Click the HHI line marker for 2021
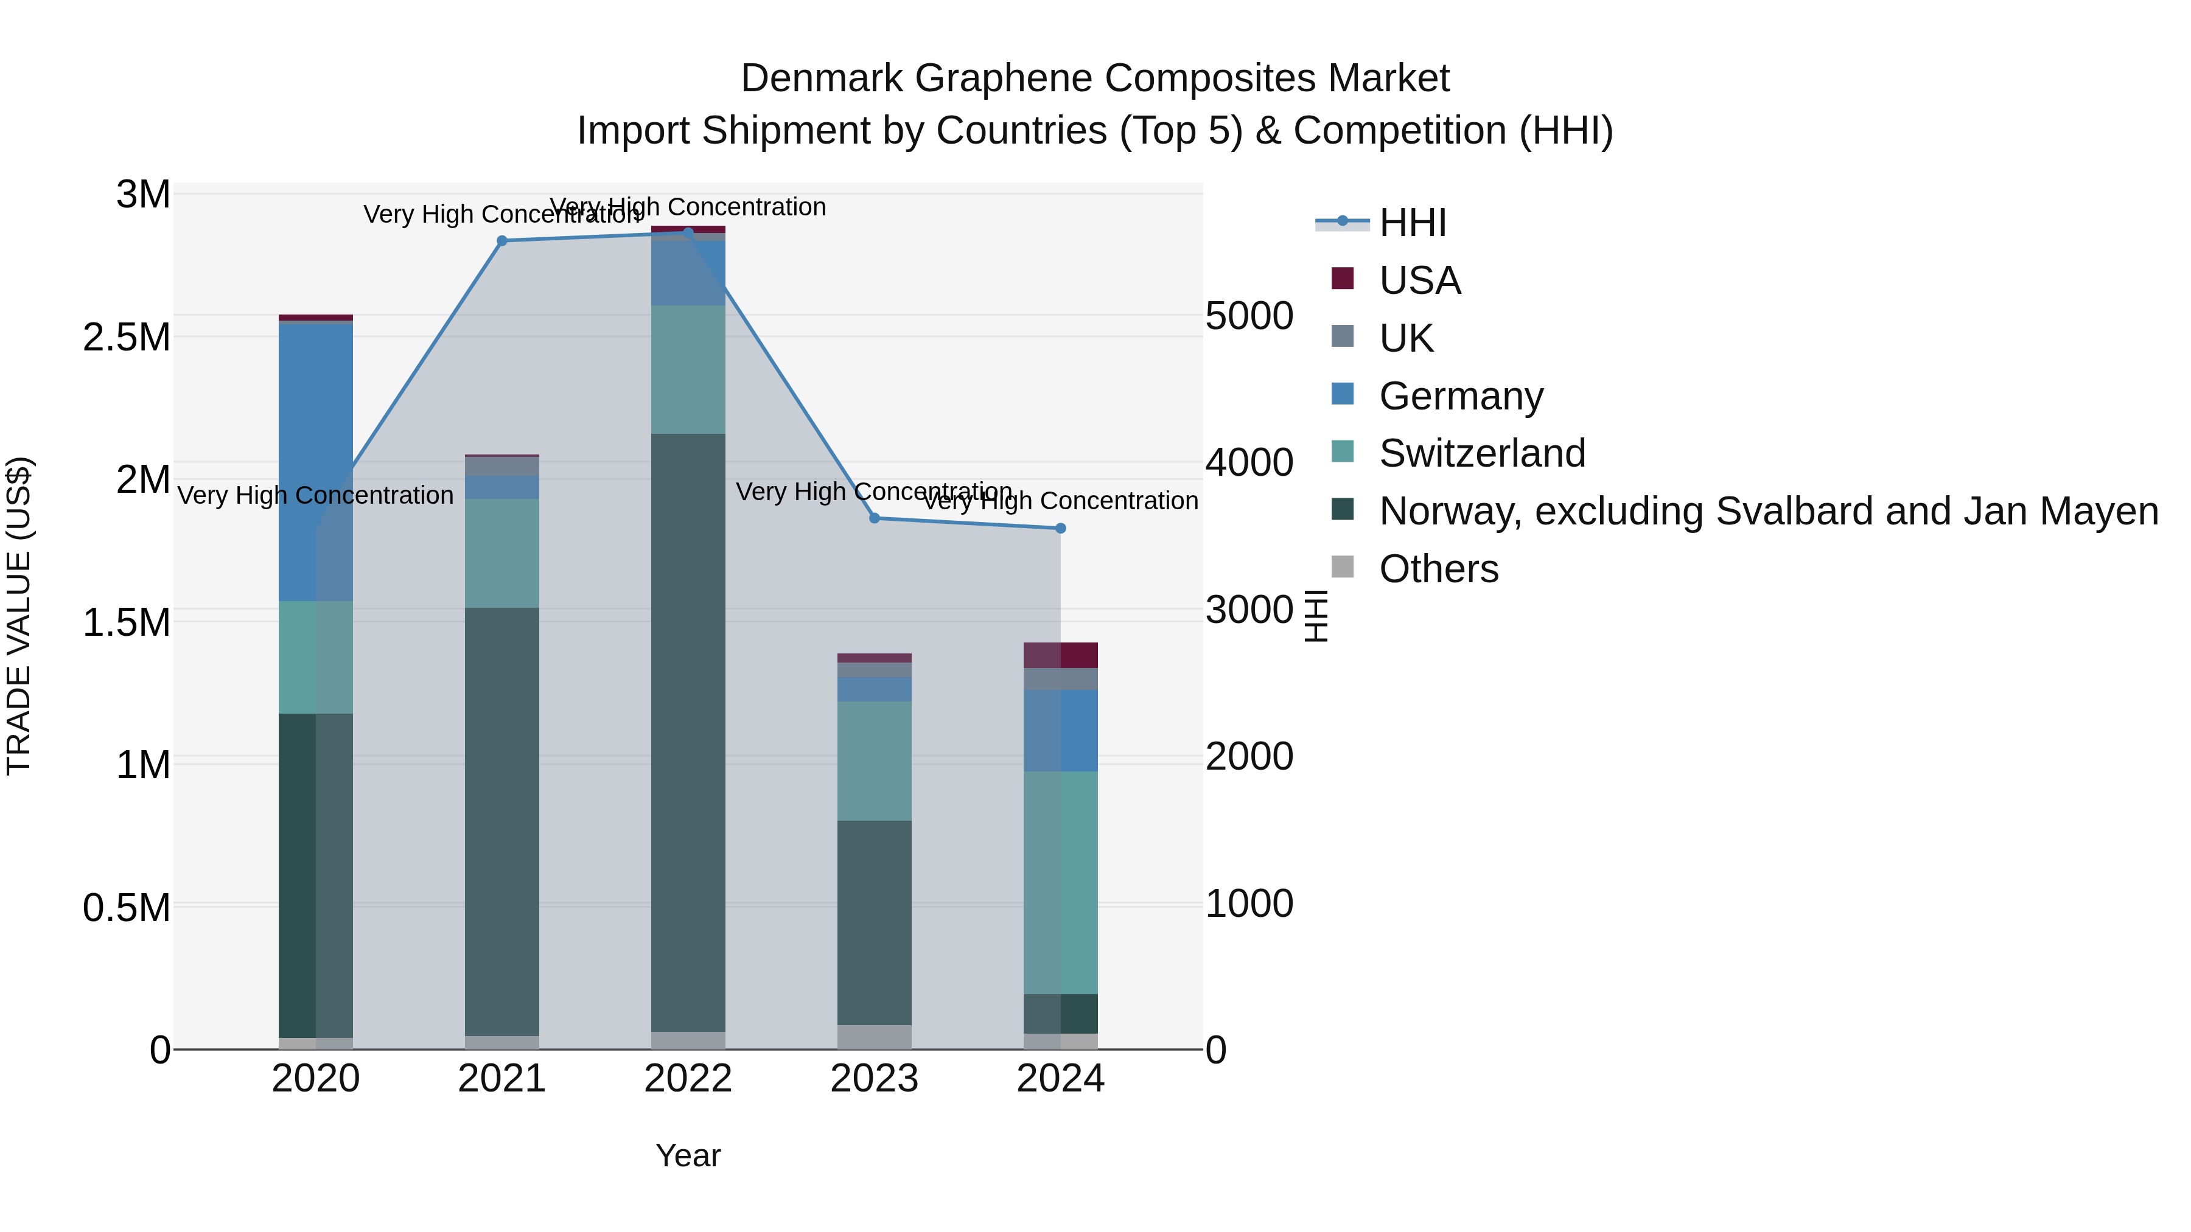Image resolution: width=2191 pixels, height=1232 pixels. pos(502,240)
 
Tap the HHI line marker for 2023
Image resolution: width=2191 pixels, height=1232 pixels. pos(875,518)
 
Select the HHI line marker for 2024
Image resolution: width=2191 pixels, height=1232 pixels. pos(1061,528)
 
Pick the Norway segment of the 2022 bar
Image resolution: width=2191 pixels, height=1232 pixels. pos(688,731)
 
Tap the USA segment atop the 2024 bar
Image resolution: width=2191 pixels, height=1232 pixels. pos(1061,655)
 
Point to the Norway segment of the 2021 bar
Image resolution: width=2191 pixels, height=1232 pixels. pos(502,821)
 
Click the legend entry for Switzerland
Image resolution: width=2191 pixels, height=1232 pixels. pos(1481,453)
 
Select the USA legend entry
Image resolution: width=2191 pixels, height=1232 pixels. pos(1419,280)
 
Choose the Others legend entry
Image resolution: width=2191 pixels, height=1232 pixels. pos(1438,569)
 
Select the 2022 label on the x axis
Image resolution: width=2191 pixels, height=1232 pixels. pos(688,1079)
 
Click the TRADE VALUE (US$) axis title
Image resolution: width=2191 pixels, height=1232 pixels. pos(19,616)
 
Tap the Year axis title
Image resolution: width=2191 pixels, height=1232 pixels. pos(688,1155)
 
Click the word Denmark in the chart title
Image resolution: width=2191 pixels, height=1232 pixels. pos(821,78)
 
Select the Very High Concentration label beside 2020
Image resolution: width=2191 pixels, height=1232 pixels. pos(315,495)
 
